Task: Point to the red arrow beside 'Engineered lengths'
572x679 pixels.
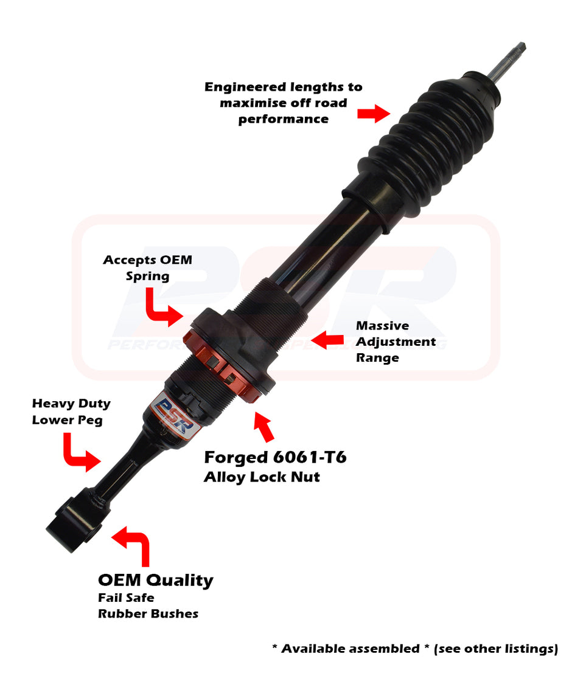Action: (x=373, y=113)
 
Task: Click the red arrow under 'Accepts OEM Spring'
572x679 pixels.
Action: (x=162, y=307)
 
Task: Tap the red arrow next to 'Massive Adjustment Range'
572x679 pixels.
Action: (x=327, y=340)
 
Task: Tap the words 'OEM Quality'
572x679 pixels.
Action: (x=156, y=580)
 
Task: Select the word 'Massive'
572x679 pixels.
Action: (x=382, y=326)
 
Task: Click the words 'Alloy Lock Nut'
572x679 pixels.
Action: (x=262, y=477)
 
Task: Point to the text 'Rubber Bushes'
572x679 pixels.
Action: (x=148, y=614)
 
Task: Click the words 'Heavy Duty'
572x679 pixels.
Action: (x=71, y=404)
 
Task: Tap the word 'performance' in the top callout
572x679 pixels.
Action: (x=283, y=119)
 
